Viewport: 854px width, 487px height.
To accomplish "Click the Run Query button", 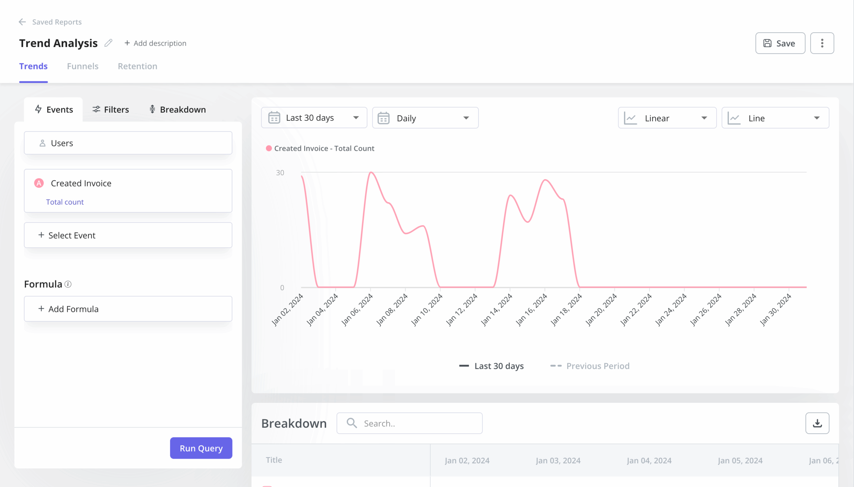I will click(x=201, y=448).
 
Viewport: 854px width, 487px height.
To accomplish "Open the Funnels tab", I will click(x=83, y=66).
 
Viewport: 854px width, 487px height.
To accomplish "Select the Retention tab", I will click(x=137, y=66).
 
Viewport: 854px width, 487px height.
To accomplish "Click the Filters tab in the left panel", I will click(x=110, y=109).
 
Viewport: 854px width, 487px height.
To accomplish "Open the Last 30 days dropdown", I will click(x=314, y=118).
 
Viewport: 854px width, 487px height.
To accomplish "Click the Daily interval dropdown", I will click(x=425, y=118).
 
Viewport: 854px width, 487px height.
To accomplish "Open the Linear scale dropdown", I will click(x=667, y=118).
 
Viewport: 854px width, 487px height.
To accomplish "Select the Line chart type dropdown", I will click(x=775, y=118).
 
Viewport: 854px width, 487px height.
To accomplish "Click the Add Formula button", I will click(x=128, y=309).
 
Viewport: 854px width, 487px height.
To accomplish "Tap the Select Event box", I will click(x=128, y=235).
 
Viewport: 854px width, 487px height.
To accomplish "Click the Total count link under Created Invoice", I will click(x=65, y=202).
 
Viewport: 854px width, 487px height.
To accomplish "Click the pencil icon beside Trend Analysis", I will click(x=108, y=43).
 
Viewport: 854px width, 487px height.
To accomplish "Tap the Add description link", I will click(x=155, y=43).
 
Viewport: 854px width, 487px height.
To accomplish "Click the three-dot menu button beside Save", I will click(x=822, y=43).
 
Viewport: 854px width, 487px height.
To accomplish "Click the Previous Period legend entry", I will click(x=590, y=366).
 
